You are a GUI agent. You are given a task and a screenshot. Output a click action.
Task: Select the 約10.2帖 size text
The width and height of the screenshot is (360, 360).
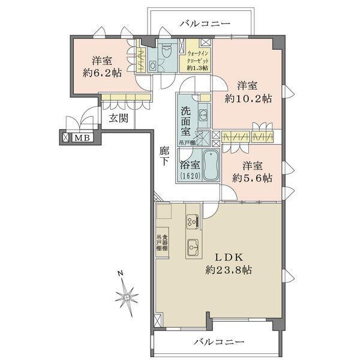pos(248,98)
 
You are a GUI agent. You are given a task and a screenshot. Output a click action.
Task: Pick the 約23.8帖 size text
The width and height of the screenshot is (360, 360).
pos(227,270)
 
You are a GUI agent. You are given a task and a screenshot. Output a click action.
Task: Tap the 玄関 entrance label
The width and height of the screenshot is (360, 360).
pos(118,118)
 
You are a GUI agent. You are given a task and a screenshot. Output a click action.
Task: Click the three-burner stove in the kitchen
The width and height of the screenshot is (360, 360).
pos(192,221)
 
